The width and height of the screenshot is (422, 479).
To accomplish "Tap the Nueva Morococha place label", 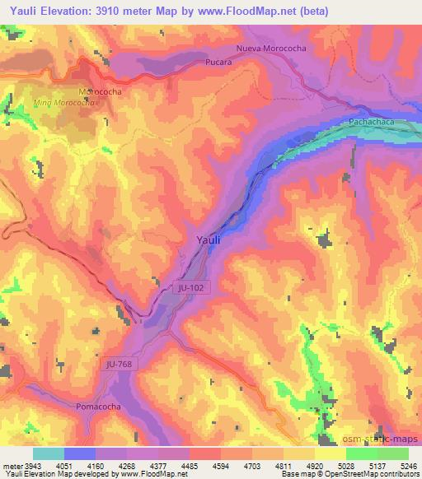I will (271, 49).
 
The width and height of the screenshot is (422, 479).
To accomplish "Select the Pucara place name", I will (217, 62).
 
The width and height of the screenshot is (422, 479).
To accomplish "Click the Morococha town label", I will (100, 91).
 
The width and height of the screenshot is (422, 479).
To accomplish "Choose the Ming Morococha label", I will (65, 103).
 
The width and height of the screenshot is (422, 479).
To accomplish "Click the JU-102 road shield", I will (189, 287).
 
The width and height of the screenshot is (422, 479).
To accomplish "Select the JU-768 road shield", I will (119, 363).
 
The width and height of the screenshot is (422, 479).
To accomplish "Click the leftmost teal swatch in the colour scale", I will (49, 453).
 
